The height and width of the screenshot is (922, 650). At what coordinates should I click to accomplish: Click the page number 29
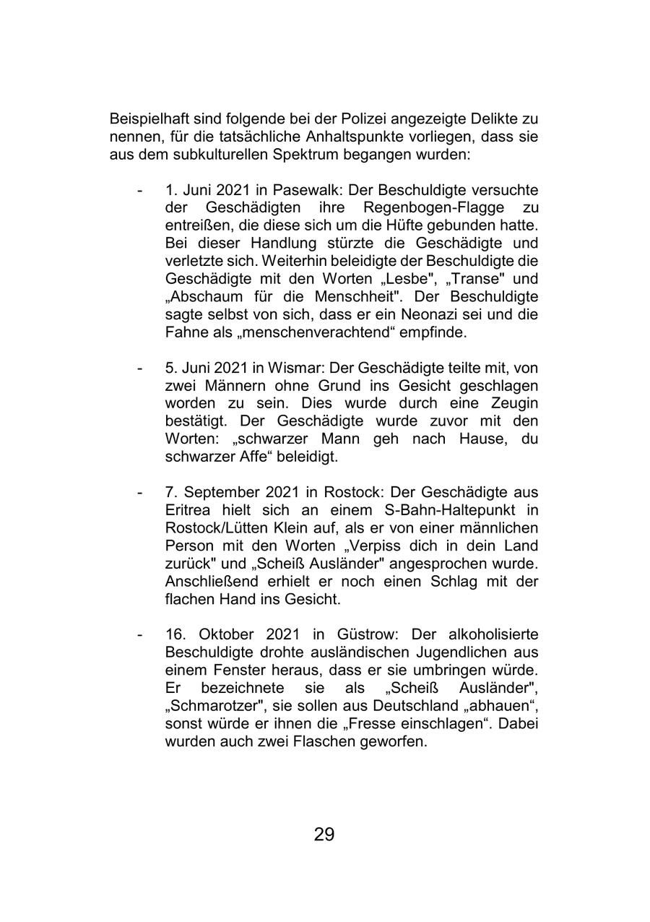[x=324, y=835]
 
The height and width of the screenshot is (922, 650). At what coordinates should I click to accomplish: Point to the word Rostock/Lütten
[x=224, y=527]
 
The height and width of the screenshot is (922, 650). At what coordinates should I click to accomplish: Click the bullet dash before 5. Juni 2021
[x=139, y=368]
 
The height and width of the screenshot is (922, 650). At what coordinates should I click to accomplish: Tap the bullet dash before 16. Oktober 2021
[x=139, y=634]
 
